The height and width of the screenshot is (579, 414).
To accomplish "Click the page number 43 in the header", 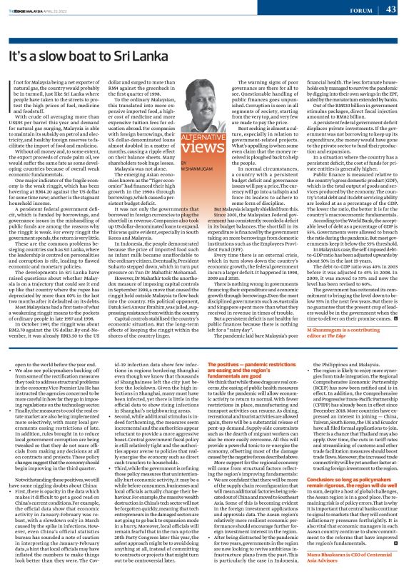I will [391, 9].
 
